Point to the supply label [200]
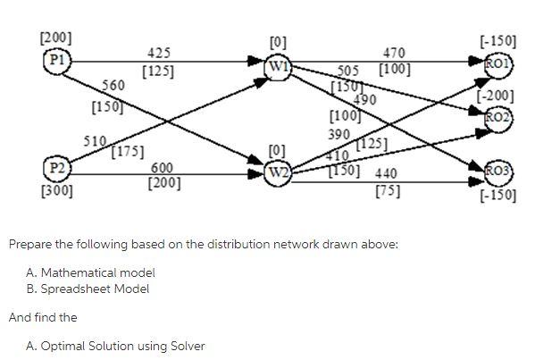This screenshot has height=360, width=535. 56,38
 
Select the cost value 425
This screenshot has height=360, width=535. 159,54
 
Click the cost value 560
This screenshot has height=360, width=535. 113,85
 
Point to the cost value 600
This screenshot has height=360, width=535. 163,168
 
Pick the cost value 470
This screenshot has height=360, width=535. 394,54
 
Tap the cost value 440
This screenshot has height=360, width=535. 387,173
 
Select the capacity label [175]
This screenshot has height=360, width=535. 128,151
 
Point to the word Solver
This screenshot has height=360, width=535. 186,346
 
